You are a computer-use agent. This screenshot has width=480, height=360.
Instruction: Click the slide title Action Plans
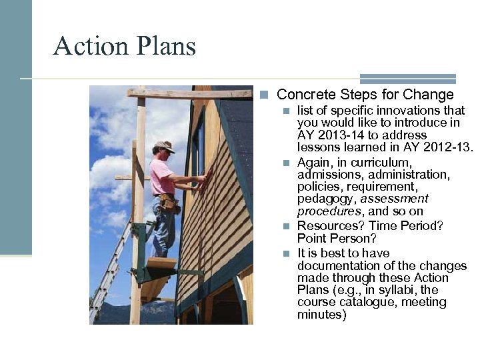(125, 46)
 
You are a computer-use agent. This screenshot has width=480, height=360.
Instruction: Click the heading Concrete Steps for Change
(365, 95)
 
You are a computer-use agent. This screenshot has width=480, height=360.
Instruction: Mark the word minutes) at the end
(321, 315)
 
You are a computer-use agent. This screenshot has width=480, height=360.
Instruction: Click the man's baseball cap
(163, 146)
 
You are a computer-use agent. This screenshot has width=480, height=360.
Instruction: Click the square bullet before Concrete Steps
(265, 95)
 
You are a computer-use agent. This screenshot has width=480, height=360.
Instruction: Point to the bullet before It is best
(286, 253)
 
